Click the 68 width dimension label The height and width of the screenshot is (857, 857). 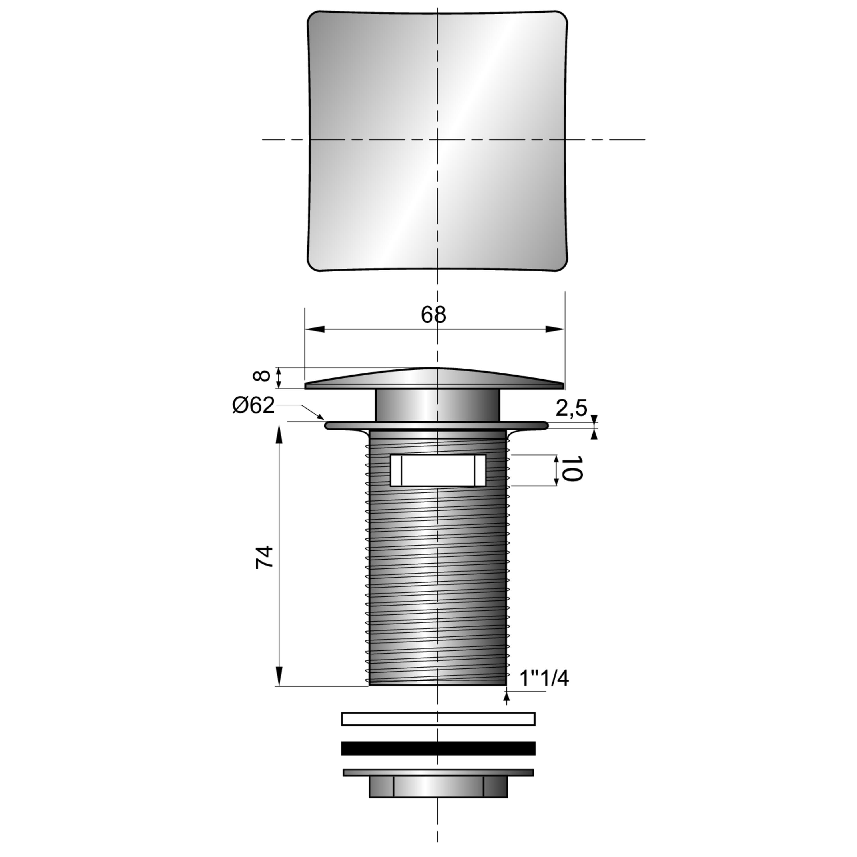[433, 315]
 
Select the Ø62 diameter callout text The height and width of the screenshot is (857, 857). [254, 405]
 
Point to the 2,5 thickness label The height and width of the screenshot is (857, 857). [571, 409]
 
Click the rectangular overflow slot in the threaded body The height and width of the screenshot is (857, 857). [438, 470]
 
